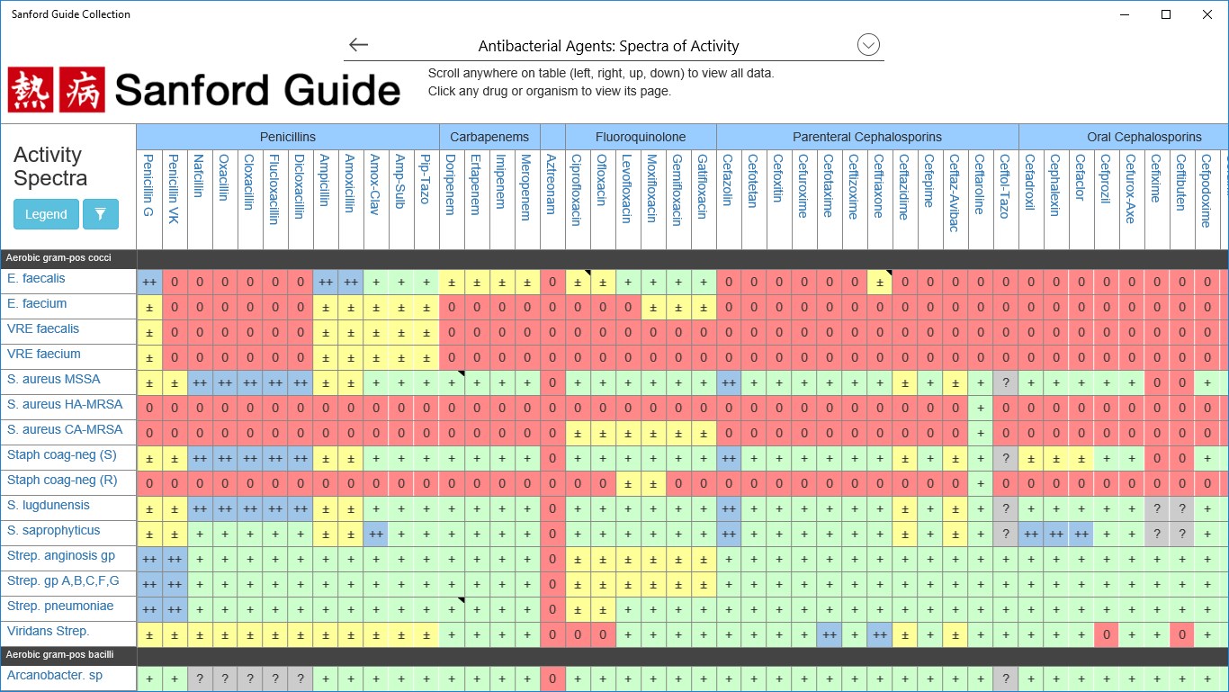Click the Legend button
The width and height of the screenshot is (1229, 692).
[46, 214]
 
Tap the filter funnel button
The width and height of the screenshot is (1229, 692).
[101, 214]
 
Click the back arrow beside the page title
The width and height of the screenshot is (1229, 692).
[359, 45]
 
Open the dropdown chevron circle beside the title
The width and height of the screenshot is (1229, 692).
[868, 45]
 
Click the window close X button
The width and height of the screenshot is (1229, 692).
[1207, 14]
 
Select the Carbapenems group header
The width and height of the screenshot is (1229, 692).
[489, 137]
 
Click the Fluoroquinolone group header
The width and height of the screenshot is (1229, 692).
[641, 137]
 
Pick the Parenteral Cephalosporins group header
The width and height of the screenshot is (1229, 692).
[867, 137]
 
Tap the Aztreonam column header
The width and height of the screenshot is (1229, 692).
[552, 184]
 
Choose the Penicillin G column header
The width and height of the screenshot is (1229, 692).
[149, 185]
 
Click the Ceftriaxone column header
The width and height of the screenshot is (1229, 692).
[880, 185]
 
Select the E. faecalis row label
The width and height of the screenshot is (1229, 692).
[37, 279]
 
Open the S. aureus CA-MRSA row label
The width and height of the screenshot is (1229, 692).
[65, 430]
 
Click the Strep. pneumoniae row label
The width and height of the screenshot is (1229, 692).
[61, 607]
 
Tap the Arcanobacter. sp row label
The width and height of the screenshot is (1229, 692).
[55, 675]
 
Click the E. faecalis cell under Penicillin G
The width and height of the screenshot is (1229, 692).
[149, 282]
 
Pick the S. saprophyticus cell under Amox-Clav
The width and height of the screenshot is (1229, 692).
[376, 534]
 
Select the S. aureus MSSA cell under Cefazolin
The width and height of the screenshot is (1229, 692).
[729, 382]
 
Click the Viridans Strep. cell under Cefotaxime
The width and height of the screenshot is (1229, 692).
[830, 634]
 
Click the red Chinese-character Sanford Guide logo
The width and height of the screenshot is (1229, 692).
[57, 90]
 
